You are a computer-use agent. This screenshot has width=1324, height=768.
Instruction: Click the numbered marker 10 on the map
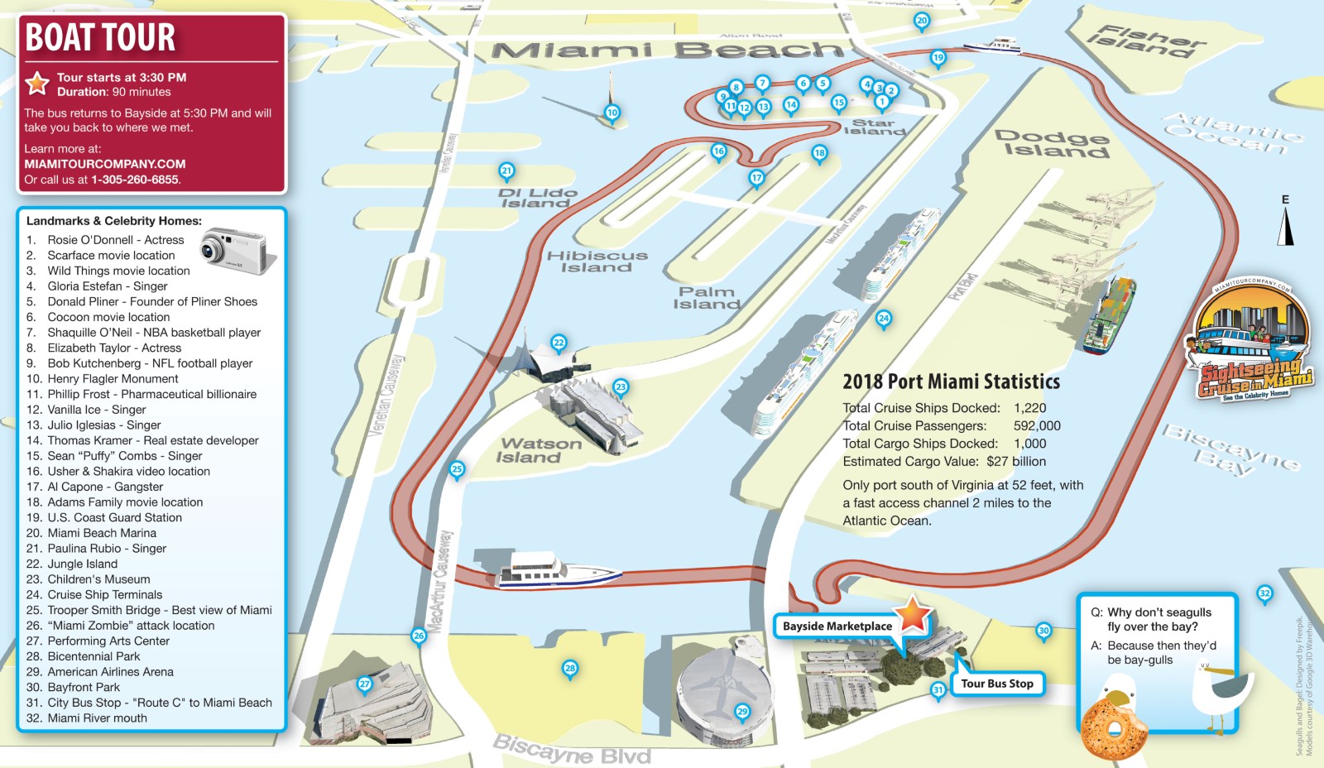[x=612, y=113]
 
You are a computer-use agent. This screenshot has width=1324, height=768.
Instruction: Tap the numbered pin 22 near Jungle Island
[x=559, y=343]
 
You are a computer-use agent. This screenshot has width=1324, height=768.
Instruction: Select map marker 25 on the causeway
[x=457, y=469]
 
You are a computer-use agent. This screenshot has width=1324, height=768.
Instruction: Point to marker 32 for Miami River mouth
[x=1264, y=593]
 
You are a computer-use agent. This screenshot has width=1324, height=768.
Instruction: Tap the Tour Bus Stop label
[x=997, y=684]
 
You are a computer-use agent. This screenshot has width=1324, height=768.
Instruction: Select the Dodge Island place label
[x=1052, y=143]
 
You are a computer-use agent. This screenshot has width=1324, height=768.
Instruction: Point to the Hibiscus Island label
[x=597, y=262]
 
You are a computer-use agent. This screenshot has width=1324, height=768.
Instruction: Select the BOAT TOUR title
[x=101, y=37]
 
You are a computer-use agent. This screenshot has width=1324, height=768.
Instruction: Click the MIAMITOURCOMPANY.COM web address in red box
[x=105, y=164]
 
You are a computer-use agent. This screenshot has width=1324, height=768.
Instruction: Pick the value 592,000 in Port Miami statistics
[x=1037, y=425]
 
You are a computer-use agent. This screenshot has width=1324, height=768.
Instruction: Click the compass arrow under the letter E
[x=1285, y=226]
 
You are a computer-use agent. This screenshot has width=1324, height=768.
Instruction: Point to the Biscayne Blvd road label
[x=572, y=750]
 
